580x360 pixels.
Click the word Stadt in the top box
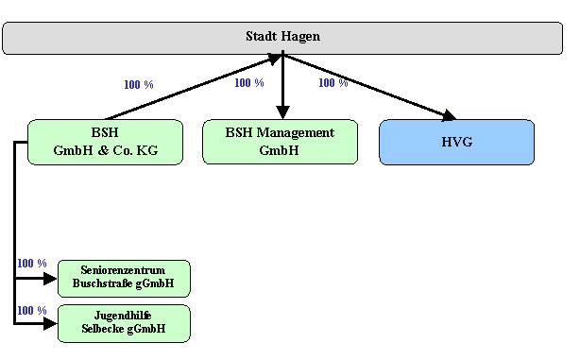(x=261, y=37)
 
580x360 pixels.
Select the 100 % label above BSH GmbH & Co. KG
(x=138, y=85)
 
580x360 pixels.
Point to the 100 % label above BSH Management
(x=248, y=83)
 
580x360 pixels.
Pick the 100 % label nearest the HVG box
(x=333, y=83)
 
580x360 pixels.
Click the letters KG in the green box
(x=145, y=150)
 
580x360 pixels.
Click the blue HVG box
(x=456, y=142)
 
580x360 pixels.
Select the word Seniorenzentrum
(x=123, y=270)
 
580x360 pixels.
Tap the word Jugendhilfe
(x=123, y=316)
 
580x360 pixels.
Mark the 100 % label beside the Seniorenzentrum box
(x=31, y=264)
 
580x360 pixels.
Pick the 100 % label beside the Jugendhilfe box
(x=31, y=311)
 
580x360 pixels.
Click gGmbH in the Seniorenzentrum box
(x=154, y=283)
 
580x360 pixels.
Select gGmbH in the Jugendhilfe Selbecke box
(x=145, y=329)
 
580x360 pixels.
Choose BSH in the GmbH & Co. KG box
(x=105, y=133)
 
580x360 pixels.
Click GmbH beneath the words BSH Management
(x=279, y=150)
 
